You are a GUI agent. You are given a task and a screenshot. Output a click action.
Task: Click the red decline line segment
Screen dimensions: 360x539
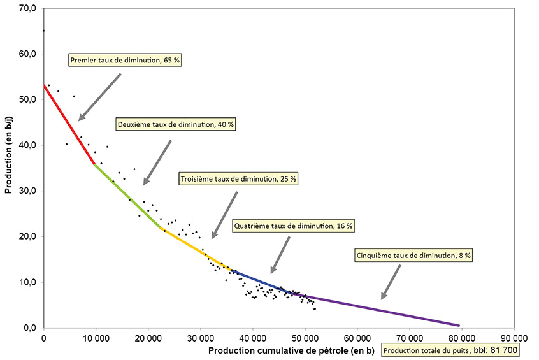point(68,124)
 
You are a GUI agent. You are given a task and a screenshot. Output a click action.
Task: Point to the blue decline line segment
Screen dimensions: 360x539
point(261,280)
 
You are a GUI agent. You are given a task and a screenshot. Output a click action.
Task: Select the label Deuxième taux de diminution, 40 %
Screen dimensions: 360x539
point(175,124)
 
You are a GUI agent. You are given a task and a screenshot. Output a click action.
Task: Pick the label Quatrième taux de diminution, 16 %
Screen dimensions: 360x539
point(294,226)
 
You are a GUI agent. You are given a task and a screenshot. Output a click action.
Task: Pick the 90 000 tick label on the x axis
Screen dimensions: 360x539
point(513,338)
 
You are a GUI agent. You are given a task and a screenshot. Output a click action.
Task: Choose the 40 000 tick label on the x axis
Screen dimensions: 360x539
point(252,338)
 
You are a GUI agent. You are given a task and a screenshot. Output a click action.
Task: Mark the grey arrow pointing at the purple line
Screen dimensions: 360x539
point(391,282)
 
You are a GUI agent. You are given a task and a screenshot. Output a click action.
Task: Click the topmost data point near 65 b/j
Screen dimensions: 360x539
point(43,31)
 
